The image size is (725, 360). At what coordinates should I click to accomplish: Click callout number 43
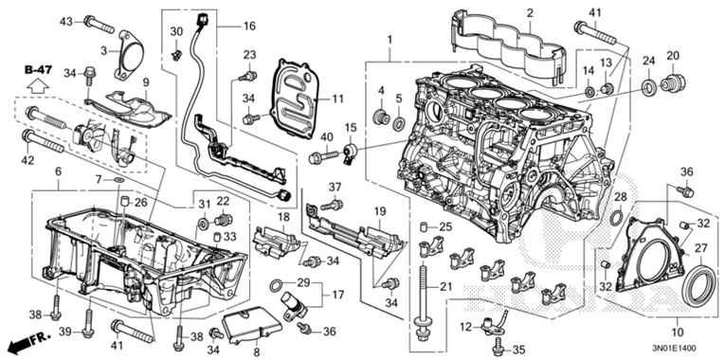click(65, 20)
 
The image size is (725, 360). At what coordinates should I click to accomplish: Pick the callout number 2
click(529, 13)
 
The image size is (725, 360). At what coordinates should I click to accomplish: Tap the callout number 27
click(701, 248)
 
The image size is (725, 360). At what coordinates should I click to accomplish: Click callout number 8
click(255, 352)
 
